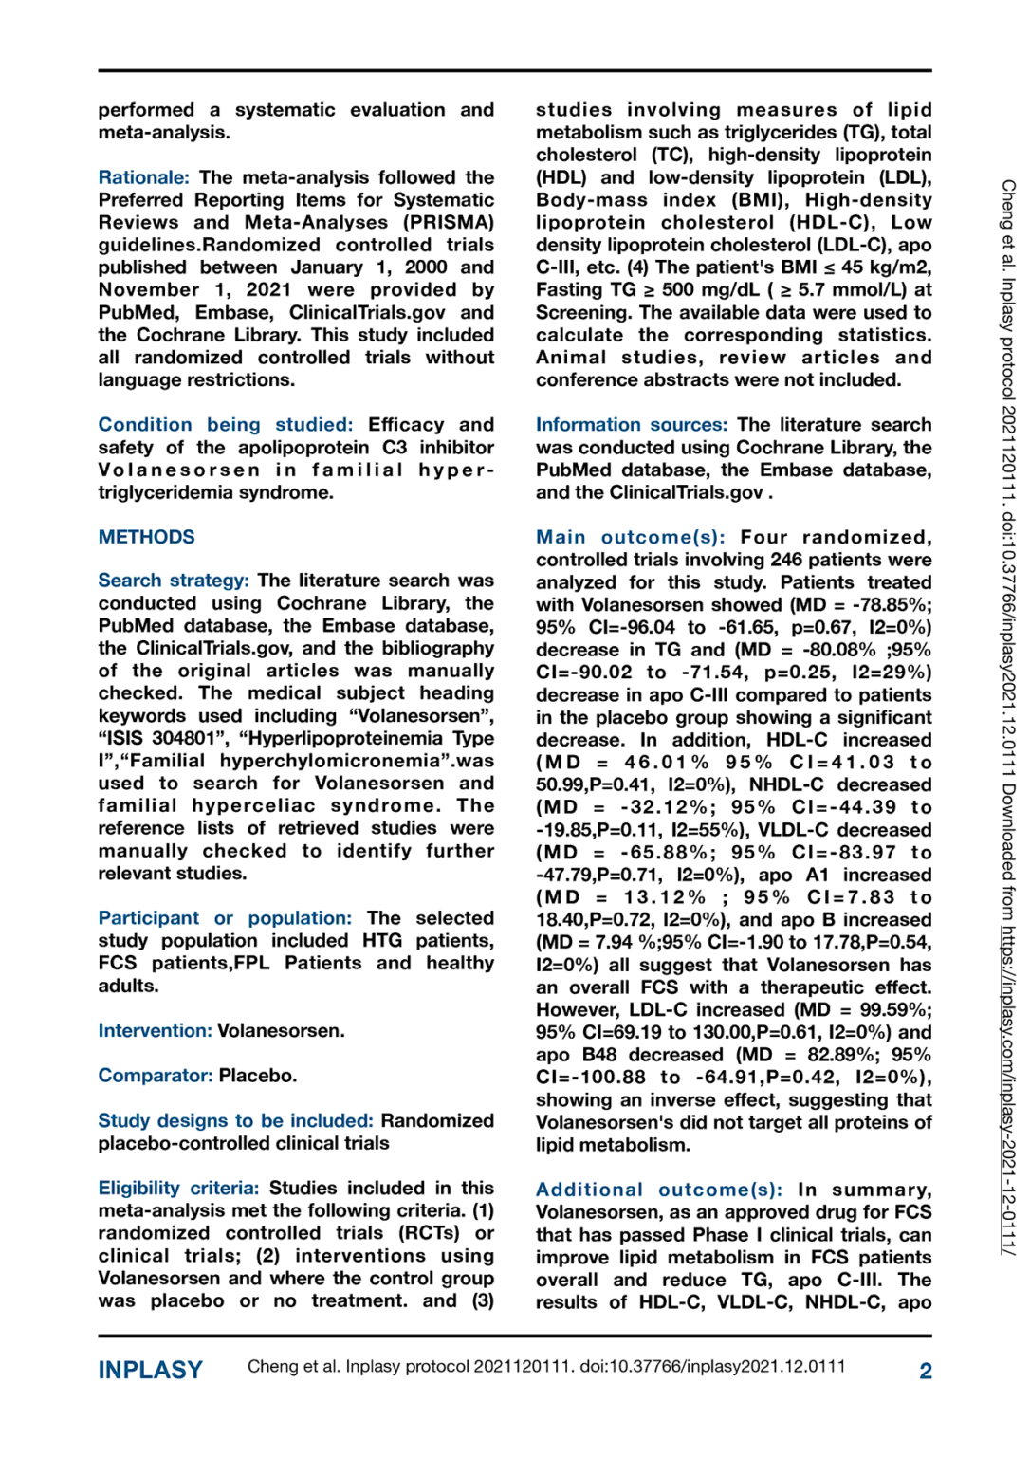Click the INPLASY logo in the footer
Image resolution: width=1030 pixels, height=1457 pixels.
(150, 1370)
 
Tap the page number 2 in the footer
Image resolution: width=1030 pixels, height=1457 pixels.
(925, 1371)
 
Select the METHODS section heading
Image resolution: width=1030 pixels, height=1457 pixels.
(146, 537)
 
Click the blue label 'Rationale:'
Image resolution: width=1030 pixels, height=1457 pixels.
(143, 177)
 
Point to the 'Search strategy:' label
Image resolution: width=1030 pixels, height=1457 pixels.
(174, 581)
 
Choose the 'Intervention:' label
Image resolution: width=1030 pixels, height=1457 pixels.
(155, 1030)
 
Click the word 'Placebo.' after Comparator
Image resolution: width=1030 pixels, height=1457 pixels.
(258, 1076)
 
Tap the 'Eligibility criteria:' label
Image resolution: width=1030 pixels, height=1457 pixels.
(178, 1188)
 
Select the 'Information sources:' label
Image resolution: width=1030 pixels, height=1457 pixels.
(631, 425)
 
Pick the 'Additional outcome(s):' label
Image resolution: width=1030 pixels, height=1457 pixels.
(659, 1190)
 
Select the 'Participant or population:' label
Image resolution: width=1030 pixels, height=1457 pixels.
(224, 918)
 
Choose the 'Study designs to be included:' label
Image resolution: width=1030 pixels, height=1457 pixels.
(235, 1120)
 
